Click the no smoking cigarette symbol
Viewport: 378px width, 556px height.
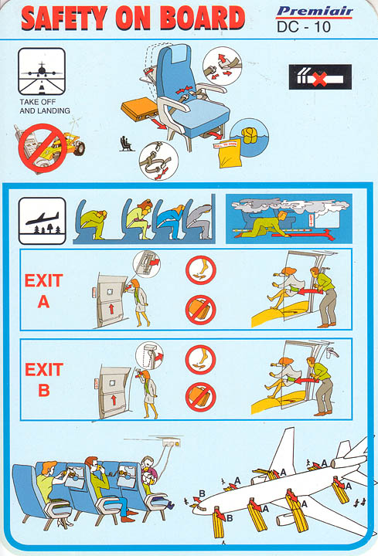(x=319, y=76)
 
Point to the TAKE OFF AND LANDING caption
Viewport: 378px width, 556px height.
(x=44, y=106)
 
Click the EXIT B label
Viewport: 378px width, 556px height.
(x=43, y=379)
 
